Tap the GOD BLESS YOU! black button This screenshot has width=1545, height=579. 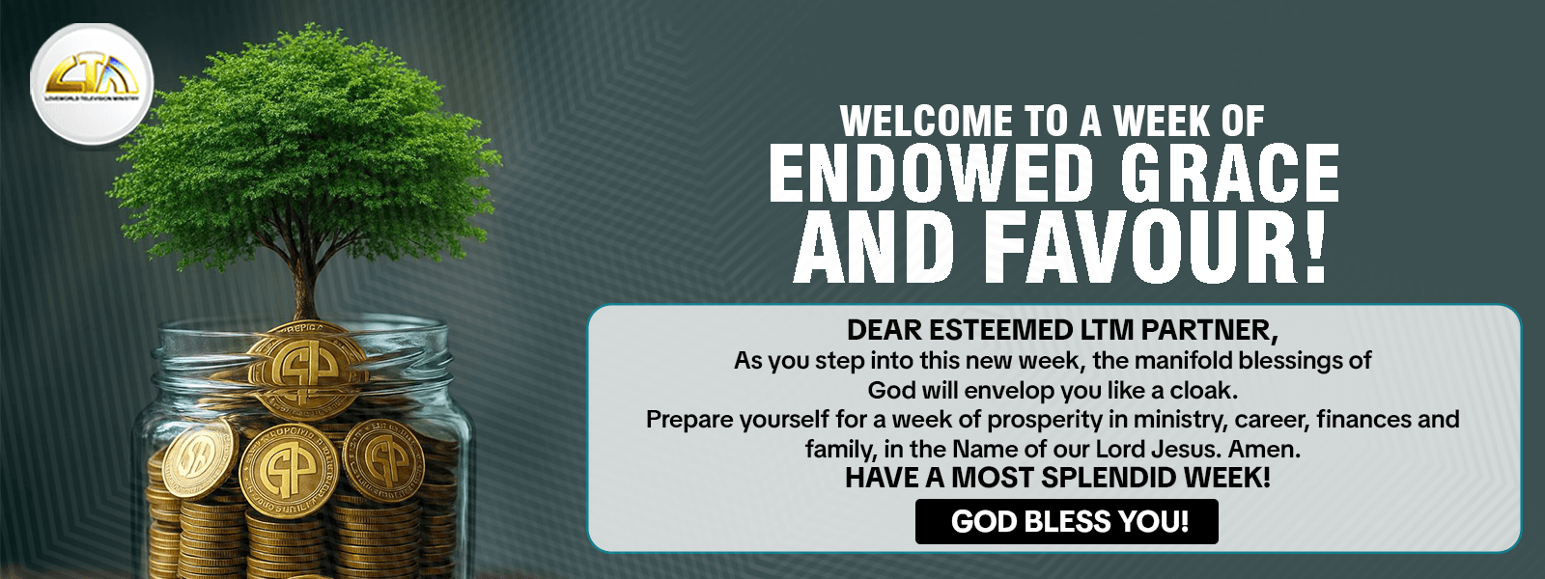[1066, 522]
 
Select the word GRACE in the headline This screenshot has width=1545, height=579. [1229, 175]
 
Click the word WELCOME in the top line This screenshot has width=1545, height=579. [927, 122]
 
